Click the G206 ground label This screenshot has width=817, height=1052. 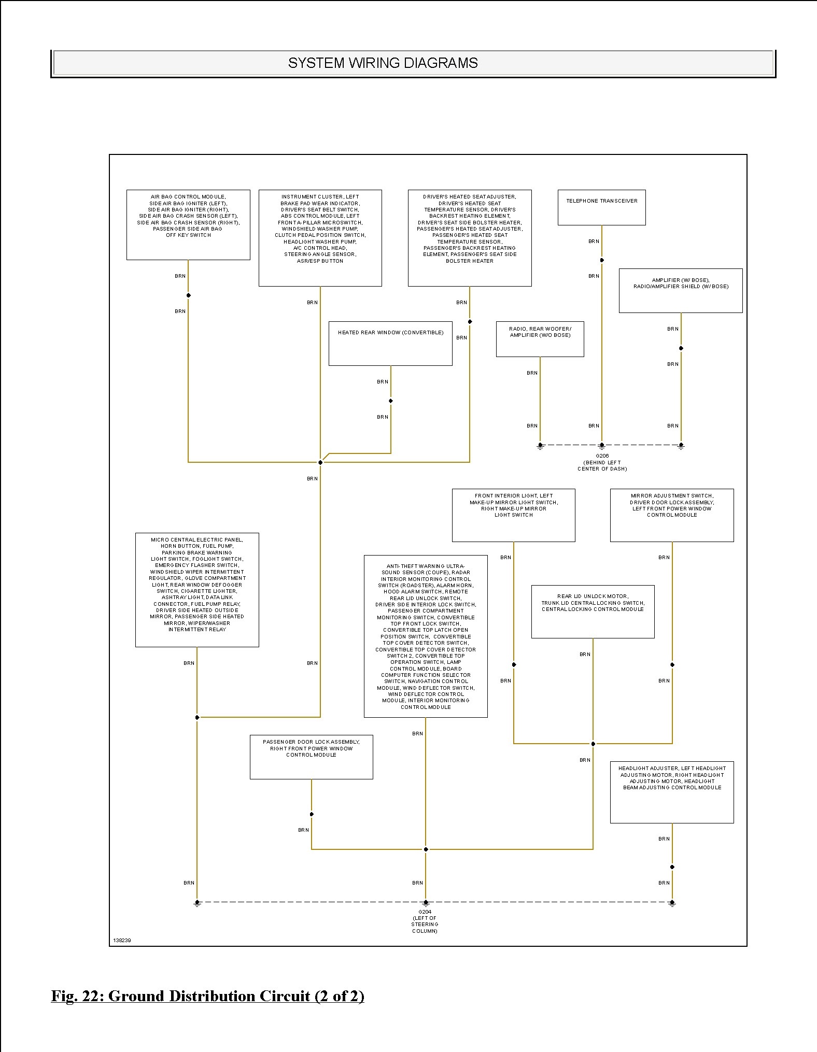602,462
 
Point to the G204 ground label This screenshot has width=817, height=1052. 425,921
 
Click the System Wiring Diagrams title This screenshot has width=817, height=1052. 383,63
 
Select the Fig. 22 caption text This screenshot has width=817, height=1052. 207,996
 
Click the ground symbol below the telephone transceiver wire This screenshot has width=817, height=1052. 601,446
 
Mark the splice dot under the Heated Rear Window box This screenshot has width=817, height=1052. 391,401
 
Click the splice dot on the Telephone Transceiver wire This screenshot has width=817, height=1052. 602,260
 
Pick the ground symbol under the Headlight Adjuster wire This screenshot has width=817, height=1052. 672,903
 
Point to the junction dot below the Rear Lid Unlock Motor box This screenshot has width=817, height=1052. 593,744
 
